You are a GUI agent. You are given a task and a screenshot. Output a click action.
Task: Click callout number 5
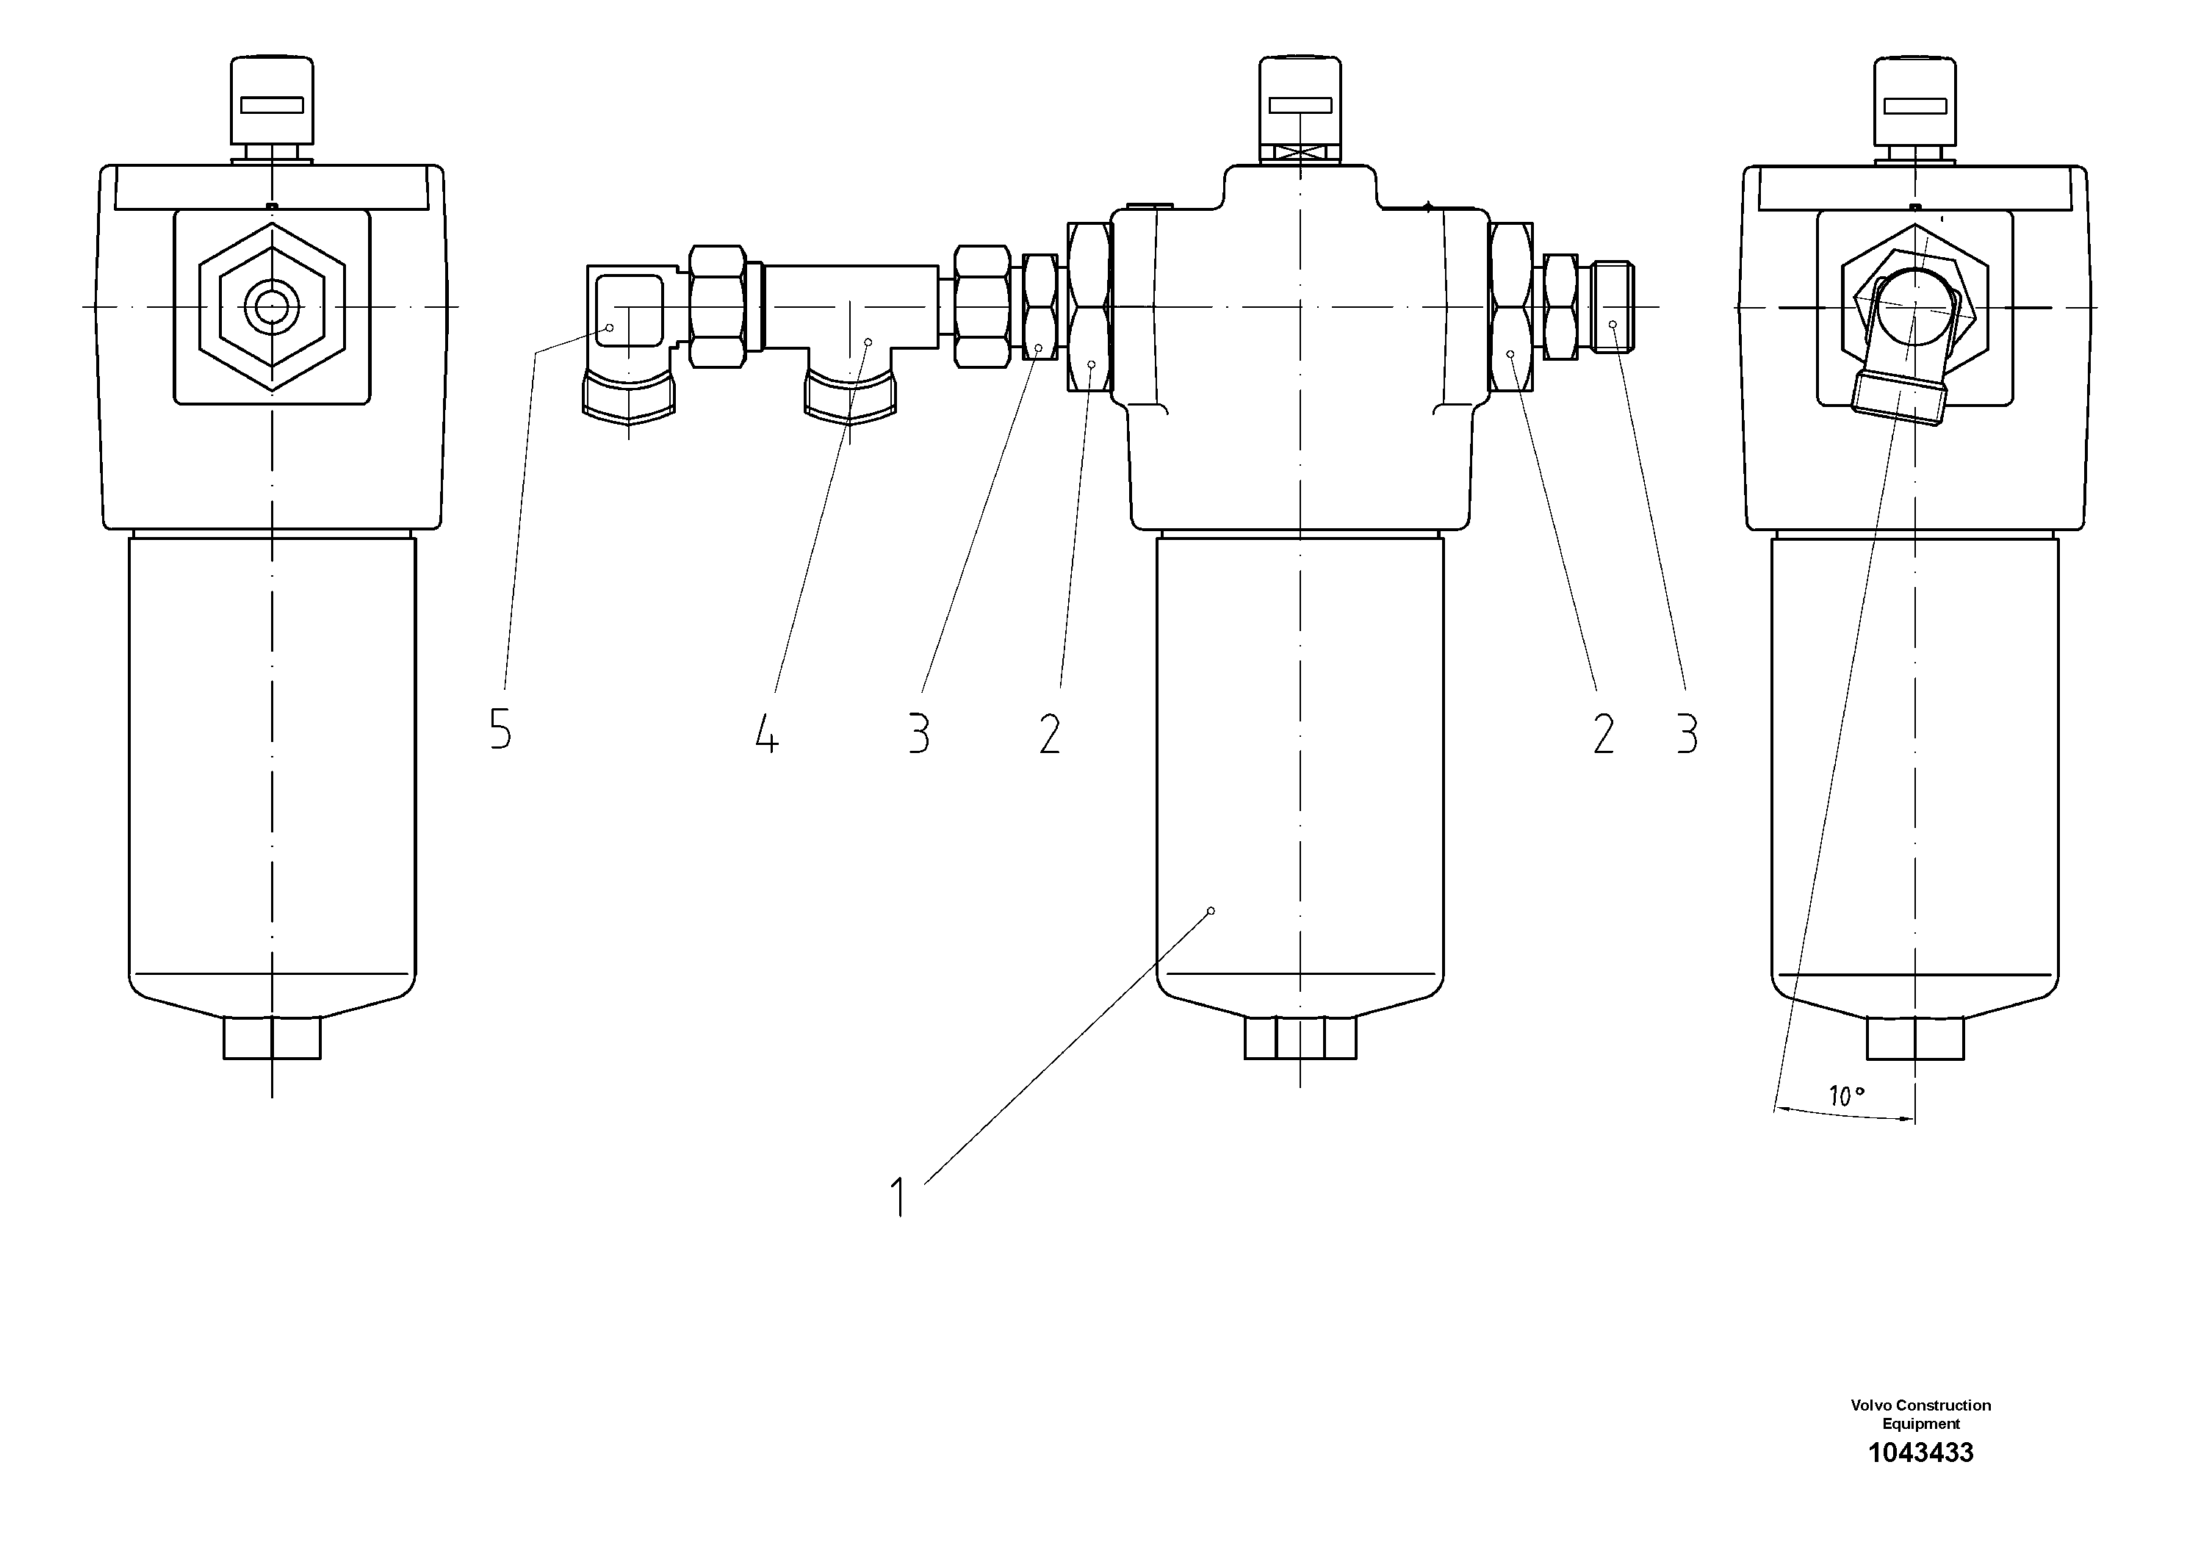point(500,730)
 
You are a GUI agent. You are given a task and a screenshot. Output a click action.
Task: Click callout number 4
point(767,733)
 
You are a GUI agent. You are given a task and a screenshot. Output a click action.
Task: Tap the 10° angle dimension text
point(1845,1096)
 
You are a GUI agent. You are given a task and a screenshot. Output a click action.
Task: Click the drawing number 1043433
point(1920,1452)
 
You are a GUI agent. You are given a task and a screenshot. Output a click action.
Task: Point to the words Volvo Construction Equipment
point(1920,1413)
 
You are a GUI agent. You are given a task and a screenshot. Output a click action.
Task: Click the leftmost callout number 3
point(918,733)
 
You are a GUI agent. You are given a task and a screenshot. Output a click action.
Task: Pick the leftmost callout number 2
point(1049,733)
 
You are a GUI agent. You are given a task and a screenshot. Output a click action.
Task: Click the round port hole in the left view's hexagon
point(273,306)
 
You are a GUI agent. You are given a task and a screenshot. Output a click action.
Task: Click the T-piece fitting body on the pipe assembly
point(850,314)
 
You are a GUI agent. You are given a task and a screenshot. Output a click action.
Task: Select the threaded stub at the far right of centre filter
point(1613,306)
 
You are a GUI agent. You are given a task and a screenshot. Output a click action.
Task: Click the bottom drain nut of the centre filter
point(1300,1038)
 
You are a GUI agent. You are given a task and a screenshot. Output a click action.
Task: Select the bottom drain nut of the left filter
point(273,1038)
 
